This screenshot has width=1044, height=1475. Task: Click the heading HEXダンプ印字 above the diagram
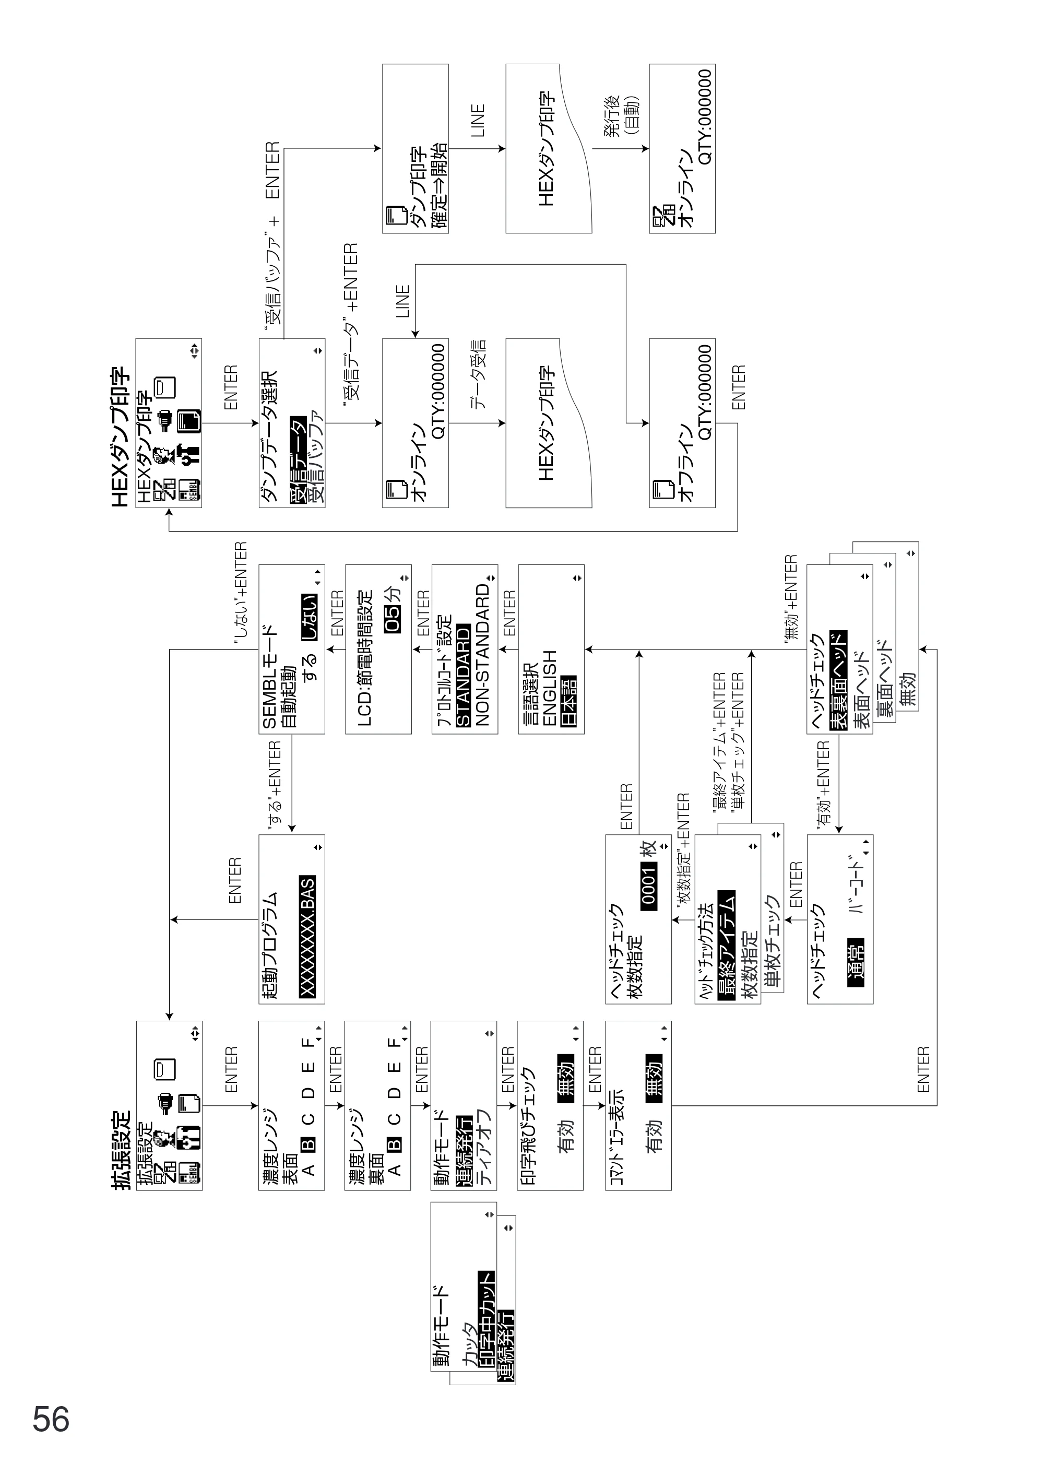click(x=121, y=437)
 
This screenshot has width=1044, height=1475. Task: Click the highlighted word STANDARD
click(x=463, y=675)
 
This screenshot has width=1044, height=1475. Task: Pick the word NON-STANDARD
click(x=483, y=656)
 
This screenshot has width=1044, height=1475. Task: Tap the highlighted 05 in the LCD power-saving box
click(x=393, y=618)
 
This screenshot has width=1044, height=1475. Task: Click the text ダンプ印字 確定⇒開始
click(x=429, y=186)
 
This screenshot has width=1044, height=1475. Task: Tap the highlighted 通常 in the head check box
click(x=856, y=962)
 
